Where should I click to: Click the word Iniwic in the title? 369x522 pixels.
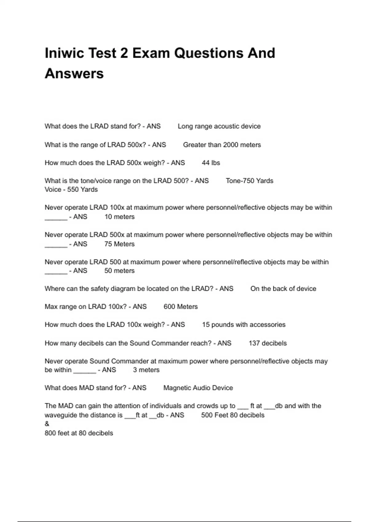click(64, 53)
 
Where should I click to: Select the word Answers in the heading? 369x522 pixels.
click(74, 74)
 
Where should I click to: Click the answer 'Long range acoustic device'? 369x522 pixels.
click(219, 126)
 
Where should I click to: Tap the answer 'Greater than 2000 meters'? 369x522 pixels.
click(222, 145)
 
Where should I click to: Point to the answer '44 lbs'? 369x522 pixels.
click(211, 163)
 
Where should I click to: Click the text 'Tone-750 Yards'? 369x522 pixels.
click(249, 181)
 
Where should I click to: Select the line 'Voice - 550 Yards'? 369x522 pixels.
click(71, 189)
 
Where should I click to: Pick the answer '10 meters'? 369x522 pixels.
click(119, 217)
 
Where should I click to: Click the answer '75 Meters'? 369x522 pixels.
click(119, 244)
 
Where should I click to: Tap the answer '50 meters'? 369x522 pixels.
click(119, 271)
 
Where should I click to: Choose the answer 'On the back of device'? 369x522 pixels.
click(283, 289)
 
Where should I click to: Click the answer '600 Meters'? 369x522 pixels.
click(181, 306)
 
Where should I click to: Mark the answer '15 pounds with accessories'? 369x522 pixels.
click(244, 325)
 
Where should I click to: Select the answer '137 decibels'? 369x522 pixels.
click(268, 343)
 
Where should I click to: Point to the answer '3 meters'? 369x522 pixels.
click(146, 370)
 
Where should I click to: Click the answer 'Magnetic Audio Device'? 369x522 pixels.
click(198, 388)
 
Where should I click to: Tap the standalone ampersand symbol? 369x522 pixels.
click(47, 424)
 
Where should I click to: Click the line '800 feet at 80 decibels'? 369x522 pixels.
click(79, 433)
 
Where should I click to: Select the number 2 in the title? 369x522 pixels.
click(124, 53)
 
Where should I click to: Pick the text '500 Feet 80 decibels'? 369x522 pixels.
click(232, 415)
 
